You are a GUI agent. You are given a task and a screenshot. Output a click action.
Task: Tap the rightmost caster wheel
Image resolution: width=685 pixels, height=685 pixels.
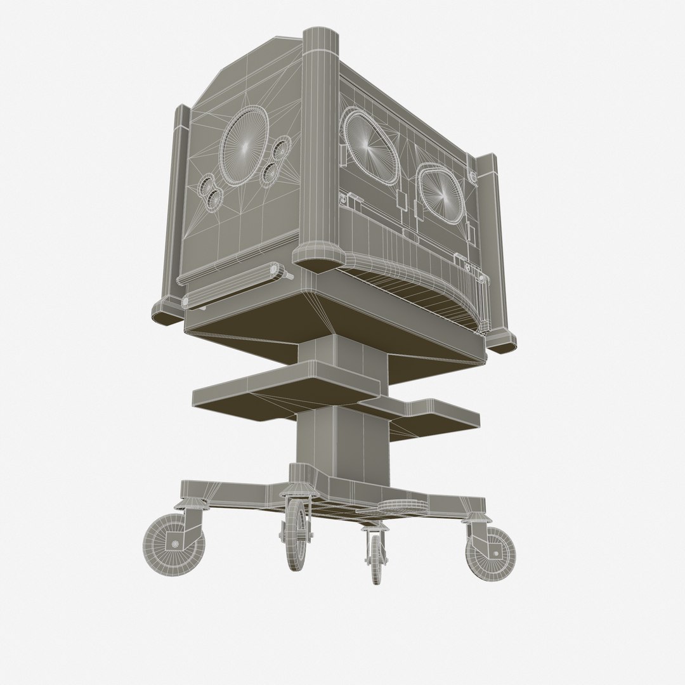pos(492,551)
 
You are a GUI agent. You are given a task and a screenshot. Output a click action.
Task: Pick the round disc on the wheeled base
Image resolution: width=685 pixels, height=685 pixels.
pos(401,505)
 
